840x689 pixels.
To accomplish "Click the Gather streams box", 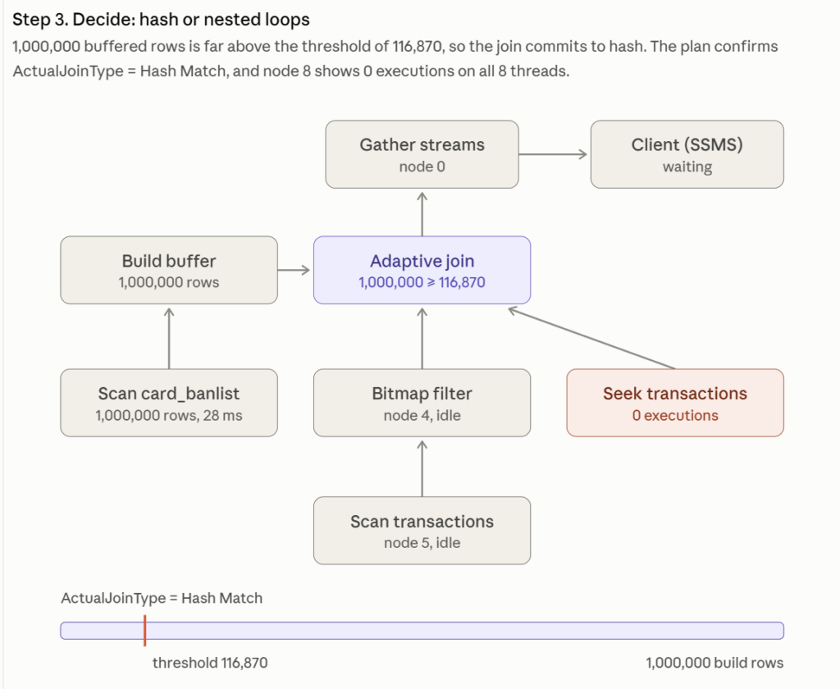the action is click(x=422, y=154).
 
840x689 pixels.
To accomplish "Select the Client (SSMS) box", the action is click(x=687, y=154).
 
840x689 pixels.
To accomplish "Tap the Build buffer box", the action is click(x=169, y=270).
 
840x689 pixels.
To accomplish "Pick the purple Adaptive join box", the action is click(x=422, y=270).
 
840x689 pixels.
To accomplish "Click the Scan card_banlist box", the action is click(x=169, y=403).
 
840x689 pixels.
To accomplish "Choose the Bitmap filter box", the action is click(x=422, y=403).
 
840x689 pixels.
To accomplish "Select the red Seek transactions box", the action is click(x=675, y=403).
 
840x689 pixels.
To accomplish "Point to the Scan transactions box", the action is click(x=422, y=531).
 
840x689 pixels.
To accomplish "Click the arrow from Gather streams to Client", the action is click(x=554, y=154).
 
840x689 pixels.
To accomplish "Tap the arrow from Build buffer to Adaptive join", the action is click(x=294, y=270).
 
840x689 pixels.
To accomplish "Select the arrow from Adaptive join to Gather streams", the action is click(x=422, y=214).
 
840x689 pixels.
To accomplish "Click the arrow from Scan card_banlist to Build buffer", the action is click(x=169, y=338).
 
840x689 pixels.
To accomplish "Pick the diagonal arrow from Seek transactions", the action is click(x=591, y=339).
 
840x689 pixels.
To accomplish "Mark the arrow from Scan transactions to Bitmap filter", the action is click(x=422, y=468).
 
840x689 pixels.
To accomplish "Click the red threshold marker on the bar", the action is click(x=144, y=631).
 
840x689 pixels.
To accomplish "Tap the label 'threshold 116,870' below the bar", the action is click(x=210, y=663).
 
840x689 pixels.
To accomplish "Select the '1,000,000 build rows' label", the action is click(x=714, y=663).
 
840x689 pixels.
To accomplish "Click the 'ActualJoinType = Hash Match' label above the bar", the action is click(x=162, y=598).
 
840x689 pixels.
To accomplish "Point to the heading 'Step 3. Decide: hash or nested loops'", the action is click(x=161, y=20).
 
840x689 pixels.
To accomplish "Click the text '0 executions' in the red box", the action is click(x=675, y=415).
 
